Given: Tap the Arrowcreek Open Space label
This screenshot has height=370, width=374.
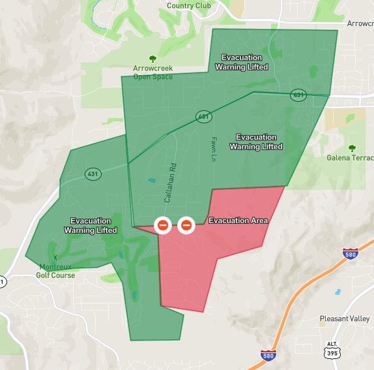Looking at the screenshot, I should (x=153, y=72).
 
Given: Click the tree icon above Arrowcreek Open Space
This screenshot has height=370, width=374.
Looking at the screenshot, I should (x=153, y=58).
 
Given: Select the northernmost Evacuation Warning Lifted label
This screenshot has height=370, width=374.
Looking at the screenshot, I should (x=244, y=62).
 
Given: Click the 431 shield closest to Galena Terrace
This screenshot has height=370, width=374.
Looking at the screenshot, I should (x=298, y=95).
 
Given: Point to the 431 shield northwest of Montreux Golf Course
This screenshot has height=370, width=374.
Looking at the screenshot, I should (x=92, y=174).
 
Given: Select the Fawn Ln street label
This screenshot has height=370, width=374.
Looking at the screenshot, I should (x=213, y=149).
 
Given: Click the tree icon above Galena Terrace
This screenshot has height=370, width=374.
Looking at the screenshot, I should (x=352, y=147).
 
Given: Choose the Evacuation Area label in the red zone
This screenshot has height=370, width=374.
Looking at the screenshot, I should (x=238, y=221).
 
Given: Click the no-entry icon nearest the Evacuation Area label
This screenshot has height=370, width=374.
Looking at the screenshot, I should (x=186, y=226).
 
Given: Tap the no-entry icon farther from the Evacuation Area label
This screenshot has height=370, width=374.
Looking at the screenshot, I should (x=163, y=226).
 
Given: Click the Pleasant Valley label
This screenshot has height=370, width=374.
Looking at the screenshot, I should (x=345, y=319).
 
